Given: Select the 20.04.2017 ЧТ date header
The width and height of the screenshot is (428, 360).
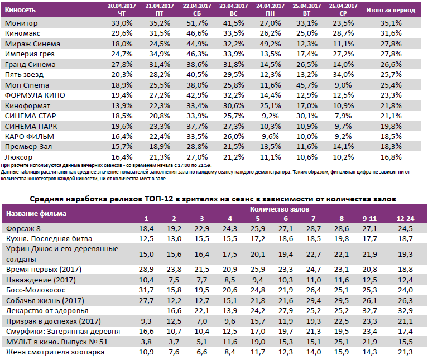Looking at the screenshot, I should pos(122,9).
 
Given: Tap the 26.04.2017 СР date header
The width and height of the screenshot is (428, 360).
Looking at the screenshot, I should pos(339,9).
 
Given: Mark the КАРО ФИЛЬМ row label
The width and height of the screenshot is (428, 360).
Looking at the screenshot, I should pos(29,137).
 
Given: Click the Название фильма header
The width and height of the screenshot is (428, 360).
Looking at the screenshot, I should pos(35,213).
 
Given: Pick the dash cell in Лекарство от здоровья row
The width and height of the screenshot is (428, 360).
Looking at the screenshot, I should pos(146,311).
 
